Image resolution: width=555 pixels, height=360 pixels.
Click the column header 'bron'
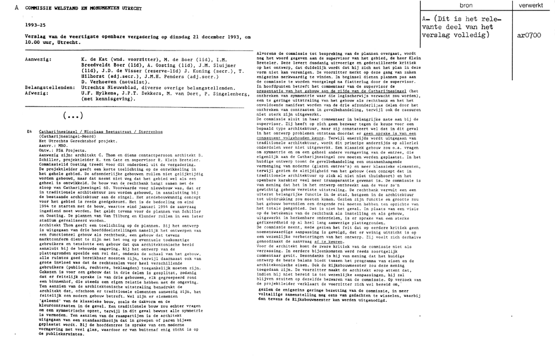click(x=467, y=4)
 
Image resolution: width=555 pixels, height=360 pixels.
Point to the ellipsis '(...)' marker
click(x=73, y=115)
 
